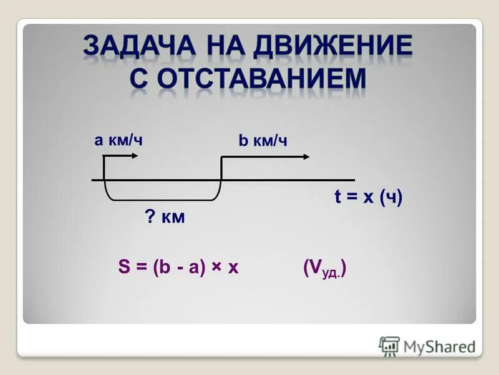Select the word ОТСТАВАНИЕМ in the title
(262, 79)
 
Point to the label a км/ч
(119, 139)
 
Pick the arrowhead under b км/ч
(305, 156)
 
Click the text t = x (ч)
(368, 197)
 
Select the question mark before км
(150, 218)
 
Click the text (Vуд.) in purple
(324, 269)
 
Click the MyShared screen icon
(389, 346)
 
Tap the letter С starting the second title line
(141, 79)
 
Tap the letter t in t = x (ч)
(337, 197)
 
